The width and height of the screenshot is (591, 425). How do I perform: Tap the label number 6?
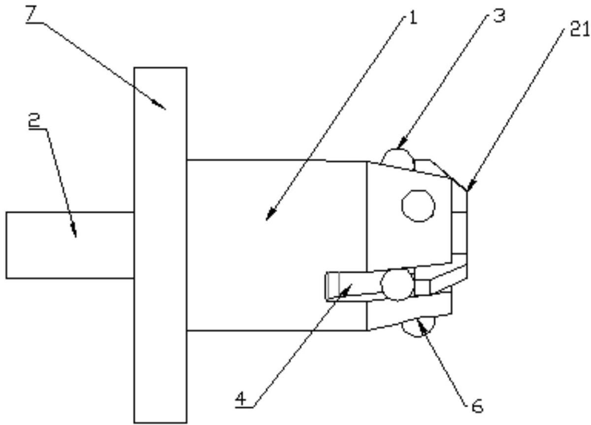(x=476, y=406)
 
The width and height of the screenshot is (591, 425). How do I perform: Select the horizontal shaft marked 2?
(x=69, y=245)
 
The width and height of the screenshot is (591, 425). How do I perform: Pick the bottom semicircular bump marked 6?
(x=419, y=329)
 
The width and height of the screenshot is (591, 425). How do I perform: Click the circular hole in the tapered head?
(x=418, y=205)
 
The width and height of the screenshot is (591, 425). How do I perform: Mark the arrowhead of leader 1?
(x=267, y=218)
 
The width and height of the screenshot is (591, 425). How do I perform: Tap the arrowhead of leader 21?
(x=468, y=189)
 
